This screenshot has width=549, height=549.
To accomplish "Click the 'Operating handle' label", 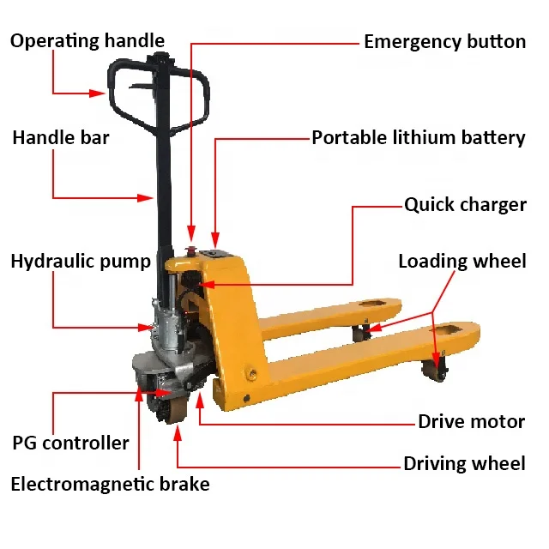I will [87, 40].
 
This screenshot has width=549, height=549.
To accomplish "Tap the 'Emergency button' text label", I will [444, 41].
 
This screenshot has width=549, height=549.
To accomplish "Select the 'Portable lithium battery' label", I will [418, 137].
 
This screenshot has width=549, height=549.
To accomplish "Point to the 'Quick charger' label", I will [465, 205].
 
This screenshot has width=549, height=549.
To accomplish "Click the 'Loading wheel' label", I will [462, 262].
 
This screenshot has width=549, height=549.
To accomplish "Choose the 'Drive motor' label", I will [471, 421].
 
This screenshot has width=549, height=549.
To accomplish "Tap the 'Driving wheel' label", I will [464, 464].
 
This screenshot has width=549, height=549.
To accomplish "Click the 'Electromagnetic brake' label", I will [110, 484].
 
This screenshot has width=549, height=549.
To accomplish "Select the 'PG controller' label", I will [70, 443].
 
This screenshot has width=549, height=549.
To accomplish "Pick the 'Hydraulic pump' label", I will [81, 262].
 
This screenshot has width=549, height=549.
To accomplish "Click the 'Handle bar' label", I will [61, 137].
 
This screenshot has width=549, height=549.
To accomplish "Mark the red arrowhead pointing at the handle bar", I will [147, 198].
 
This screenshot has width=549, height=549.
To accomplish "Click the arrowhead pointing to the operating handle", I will [100, 93].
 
